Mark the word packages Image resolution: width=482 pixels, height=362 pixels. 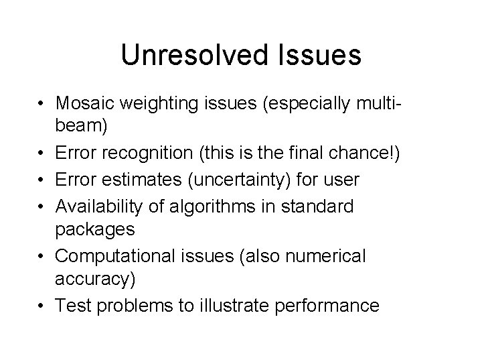pyautogui.click(x=96, y=229)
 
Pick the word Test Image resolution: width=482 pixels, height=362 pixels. pyautogui.click(x=73, y=306)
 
